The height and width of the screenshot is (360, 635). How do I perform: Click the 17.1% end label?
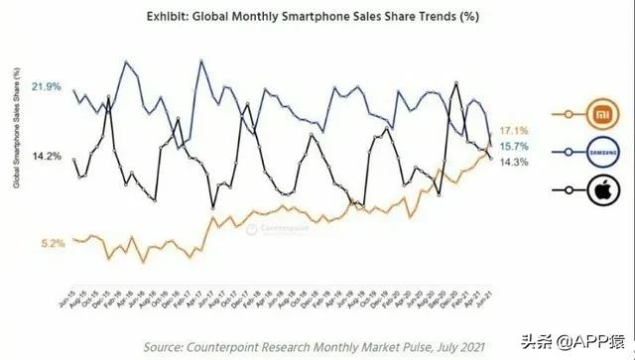pos(513,130)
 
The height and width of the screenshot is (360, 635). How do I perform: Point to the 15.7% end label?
pos(513,146)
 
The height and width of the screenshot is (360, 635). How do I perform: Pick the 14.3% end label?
pos(513,162)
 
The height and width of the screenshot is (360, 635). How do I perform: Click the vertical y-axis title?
pos(16,127)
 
